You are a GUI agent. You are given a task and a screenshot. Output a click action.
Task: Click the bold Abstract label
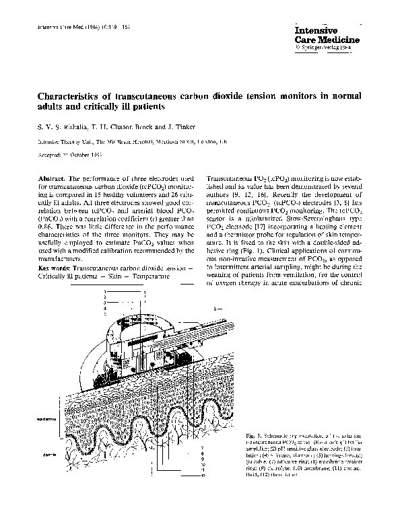tap(52, 177)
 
